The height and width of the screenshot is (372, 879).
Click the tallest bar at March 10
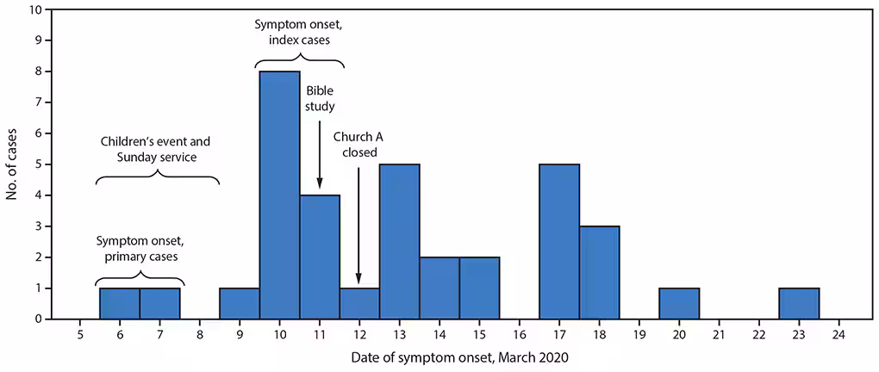pos(279,195)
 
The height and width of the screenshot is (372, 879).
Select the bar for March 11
pos(320,257)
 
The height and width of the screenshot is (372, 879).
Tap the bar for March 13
pos(399,241)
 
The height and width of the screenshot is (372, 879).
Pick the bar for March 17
pos(559,241)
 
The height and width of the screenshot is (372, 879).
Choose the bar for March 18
pos(599,272)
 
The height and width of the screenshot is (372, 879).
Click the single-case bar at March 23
pos(799,303)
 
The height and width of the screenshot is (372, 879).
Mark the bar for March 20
pos(679,303)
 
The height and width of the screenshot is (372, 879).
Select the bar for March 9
pos(240,303)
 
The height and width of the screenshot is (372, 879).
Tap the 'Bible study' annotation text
pos(320,100)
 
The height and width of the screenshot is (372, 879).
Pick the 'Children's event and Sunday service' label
pos(155,148)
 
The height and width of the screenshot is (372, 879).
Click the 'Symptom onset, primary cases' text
pos(140,247)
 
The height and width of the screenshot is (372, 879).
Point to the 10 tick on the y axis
pos(34,10)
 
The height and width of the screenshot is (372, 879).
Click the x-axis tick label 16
pos(519,334)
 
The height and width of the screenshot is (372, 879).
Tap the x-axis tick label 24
pos(838,334)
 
